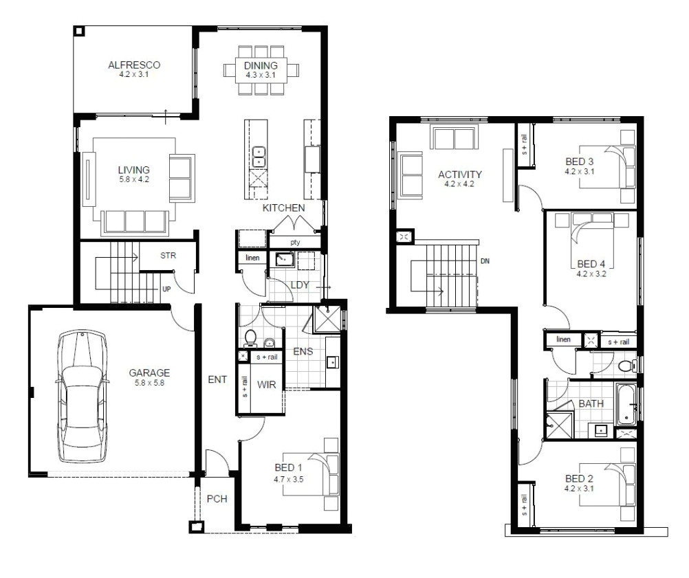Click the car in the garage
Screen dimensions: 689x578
[x=82, y=397]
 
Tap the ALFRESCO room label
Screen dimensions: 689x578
[x=134, y=65]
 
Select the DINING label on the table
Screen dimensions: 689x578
[x=261, y=65]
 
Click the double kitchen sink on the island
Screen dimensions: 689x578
[x=259, y=157]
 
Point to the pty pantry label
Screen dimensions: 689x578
[x=295, y=243]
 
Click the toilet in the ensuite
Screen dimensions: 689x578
[x=250, y=338]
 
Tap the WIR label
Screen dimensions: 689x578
[x=266, y=385]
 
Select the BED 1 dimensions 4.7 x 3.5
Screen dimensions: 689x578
[x=288, y=479]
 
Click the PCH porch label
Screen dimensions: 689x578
[x=217, y=499]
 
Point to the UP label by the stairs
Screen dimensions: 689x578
[x=166, y=289]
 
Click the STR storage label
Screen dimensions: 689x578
[x=168, y=255]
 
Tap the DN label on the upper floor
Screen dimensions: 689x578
[x=485, y=261]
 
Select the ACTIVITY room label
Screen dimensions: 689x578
[x=459, y=175]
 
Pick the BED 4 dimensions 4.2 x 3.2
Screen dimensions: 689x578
[x=591, y=274]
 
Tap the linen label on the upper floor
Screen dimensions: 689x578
[x=563, y=339]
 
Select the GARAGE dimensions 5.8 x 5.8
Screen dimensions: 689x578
[x=149, y=383]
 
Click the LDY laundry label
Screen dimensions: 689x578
[x=300, y=285]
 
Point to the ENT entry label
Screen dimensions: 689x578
[x=217, y=379]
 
